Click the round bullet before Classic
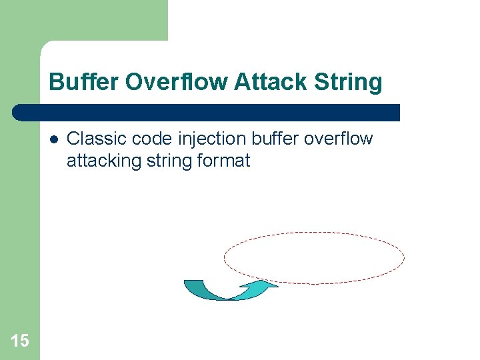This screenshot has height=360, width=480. tap(53, 139)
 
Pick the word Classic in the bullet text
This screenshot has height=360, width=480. tap(92, 139)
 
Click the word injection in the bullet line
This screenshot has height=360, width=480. tap(206, 139)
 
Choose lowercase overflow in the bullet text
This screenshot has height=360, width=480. tap(341, 139)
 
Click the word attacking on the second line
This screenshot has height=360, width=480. tap(98, 161)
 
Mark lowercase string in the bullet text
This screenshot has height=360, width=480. tap(159, 161)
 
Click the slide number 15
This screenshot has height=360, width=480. tap(20, 341)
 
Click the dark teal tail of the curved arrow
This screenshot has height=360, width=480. tap(194, 286)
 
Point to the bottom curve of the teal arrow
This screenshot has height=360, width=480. tap(227, 298)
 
